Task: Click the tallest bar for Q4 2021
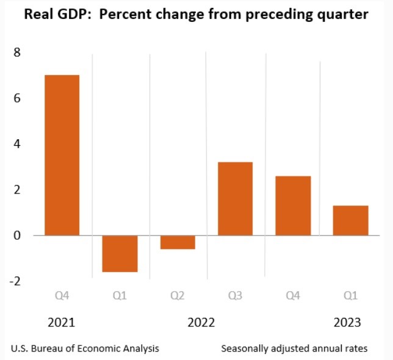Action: (x=61, y=155)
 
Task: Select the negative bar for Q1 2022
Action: (x=120, y=253)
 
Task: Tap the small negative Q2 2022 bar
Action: (x=178, y=242)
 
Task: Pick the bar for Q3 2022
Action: (x=235, y=198)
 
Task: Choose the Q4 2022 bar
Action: (x=293, y=206)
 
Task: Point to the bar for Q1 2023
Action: (x=350, y=220)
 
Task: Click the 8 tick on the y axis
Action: (x=18, y=52)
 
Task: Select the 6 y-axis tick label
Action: (x=18, y=98)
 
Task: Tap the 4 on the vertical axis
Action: (x=18, y=144)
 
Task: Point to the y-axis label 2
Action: (x=18, y=190)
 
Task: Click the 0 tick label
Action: (x=18, y=236)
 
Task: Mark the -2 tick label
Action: (x=15, y=281)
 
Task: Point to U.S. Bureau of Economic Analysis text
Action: (x=85, y=349)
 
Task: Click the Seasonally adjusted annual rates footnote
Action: (x=294, y=349)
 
